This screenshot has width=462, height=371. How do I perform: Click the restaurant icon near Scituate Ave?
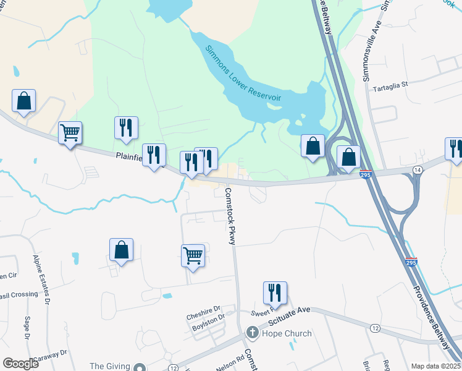(x=275, y=293)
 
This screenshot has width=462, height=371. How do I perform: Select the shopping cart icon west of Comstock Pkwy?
(x=193, y=255)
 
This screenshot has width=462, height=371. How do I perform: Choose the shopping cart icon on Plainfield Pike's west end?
(x=70, y=132)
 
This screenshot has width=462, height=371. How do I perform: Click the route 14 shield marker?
(x=418, y=169)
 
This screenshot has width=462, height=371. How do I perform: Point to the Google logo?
(x=20, y=363)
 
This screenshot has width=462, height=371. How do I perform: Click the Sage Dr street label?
(x=27, y=328)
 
